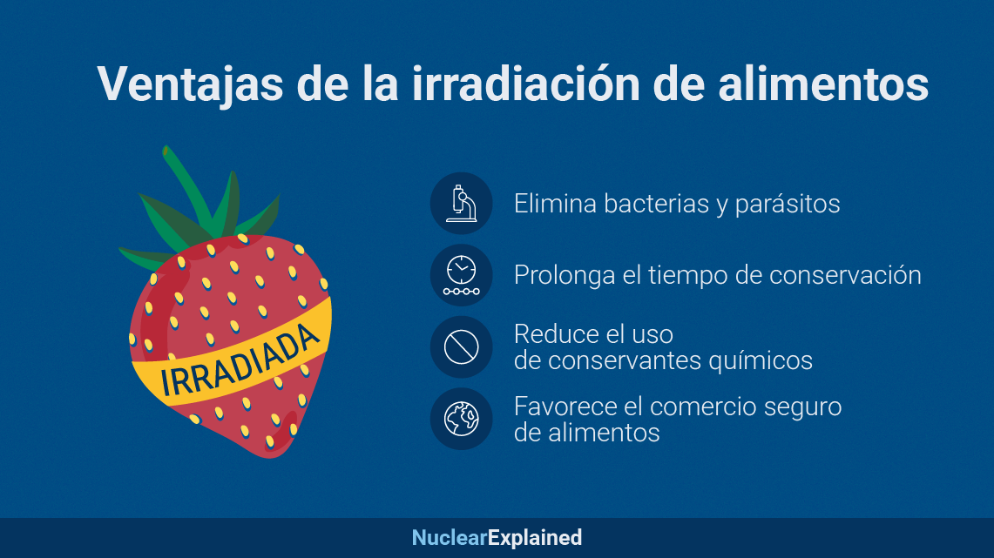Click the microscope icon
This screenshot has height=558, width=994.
[462, 204]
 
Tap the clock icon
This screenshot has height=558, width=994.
[462, 275]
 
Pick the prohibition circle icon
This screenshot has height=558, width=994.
[462, 347]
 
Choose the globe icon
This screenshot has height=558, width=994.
[462, 419]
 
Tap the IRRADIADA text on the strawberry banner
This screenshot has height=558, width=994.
[240, 360]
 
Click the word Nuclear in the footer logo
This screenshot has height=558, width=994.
[450, 538]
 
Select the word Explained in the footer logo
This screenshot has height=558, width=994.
[535, 538]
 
